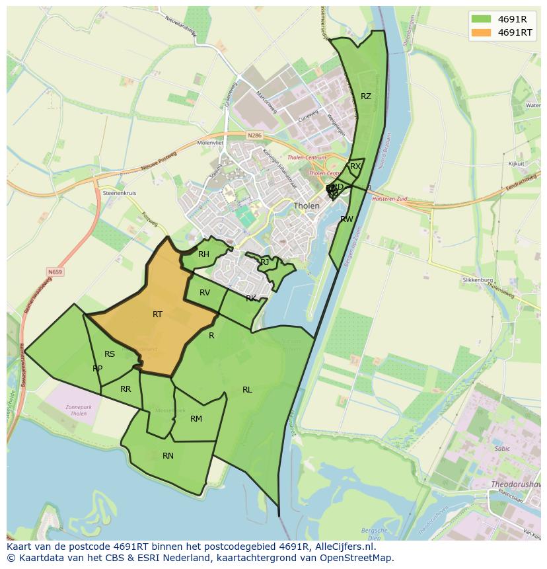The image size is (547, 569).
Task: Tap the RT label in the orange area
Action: click(157, 315)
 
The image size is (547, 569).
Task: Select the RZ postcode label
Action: click(365, 96)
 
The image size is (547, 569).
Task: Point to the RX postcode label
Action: click(355, 167)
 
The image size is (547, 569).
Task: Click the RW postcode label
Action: click(346, 219)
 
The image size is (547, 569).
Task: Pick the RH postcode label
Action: click(203, 254)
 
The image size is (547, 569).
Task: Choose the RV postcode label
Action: click(205, 293)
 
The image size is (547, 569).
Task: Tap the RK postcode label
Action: click(251, 299)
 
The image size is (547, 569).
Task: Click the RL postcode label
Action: click(247, 390)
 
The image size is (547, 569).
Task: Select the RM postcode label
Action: click(196, 419)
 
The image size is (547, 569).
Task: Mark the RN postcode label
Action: click(168, 456)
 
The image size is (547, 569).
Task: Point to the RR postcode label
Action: click(126, 389)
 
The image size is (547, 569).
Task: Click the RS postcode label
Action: click(110, 354)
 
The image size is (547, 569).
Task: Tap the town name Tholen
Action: click(307, 206)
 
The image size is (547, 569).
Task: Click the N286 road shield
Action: click(254, 135)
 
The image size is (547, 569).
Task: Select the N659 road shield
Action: click(55, 271)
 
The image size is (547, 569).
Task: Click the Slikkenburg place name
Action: click(478, 280)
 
